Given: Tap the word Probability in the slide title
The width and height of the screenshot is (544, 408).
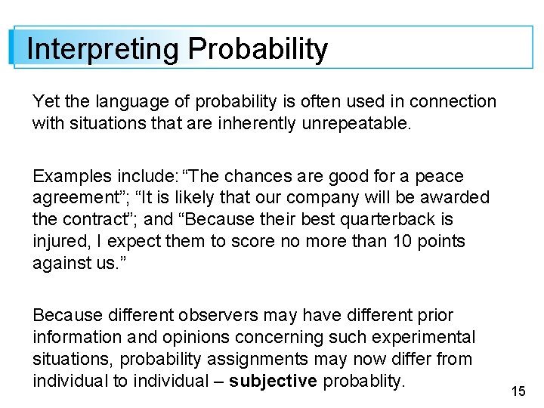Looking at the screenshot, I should pyautogui.click(x=258, y=49).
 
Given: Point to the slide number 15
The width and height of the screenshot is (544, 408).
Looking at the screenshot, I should pyautogui.click(x=518, y=391).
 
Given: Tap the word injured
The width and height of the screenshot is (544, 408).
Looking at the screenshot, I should pyautogui.click(x=58, y=242).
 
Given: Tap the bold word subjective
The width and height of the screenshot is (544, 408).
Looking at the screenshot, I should pyautogui.click(x=273, y=381).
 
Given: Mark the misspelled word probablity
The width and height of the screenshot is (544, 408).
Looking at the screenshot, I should pyautogui.click(x=364, y=381).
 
